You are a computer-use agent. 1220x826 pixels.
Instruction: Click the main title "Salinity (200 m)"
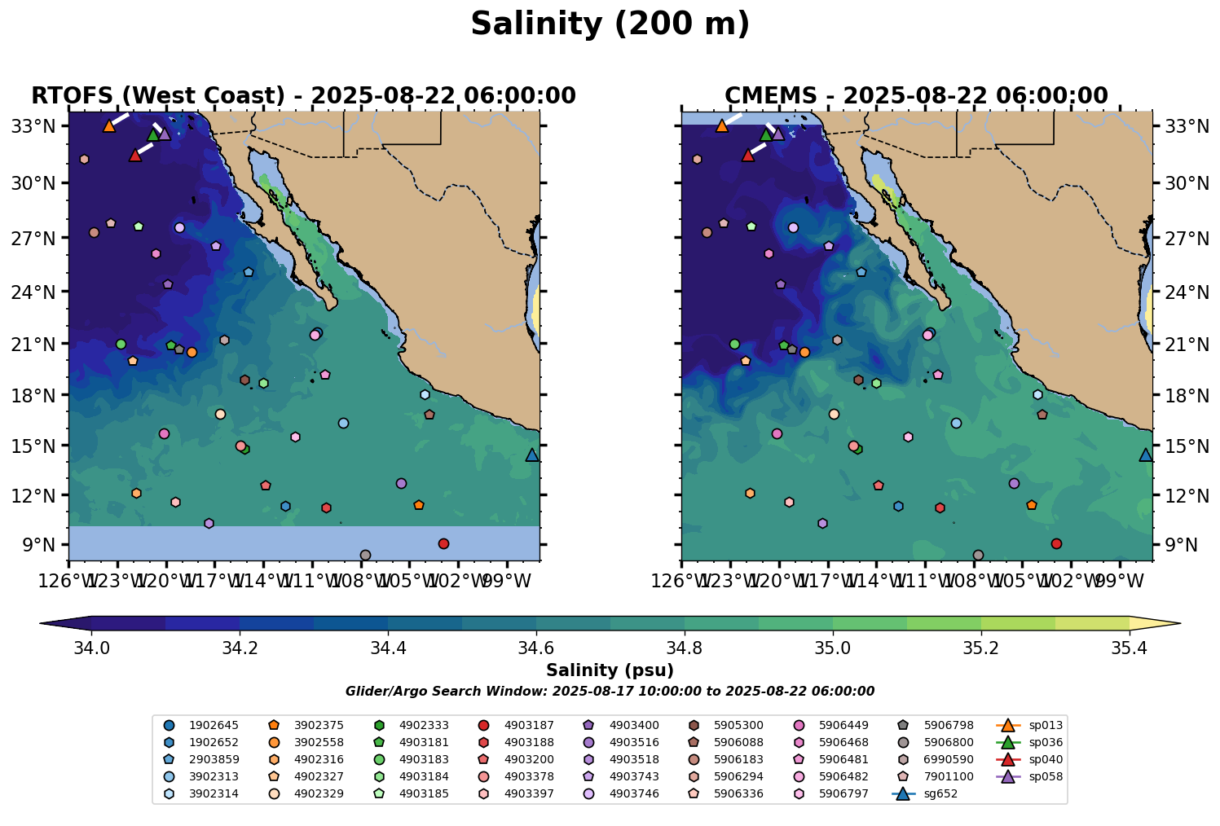pos(610,24)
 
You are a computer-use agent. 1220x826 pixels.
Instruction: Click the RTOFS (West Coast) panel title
pos(303,96)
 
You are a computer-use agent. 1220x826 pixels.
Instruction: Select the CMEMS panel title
pos(916,96)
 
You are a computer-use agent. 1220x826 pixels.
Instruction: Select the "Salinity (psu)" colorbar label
pos(610,670)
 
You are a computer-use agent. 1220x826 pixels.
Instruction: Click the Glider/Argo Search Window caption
pos(610,692)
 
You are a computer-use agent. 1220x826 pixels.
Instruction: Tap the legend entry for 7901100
pos(939,776)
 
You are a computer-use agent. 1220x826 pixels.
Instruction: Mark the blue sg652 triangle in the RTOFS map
pos(532,455)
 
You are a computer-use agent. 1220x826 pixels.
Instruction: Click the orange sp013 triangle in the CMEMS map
pos(721,125)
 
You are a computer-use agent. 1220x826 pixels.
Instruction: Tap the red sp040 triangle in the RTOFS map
pos(135,155)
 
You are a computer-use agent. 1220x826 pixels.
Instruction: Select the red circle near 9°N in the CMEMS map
pos(1056,543)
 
